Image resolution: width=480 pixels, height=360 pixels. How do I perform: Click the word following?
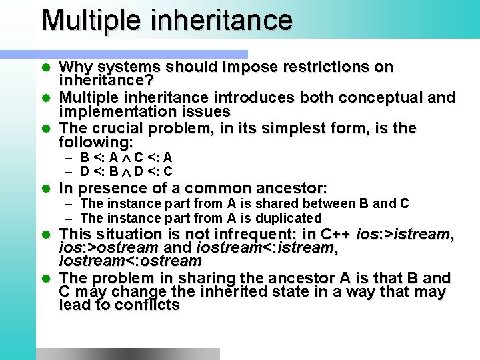96,142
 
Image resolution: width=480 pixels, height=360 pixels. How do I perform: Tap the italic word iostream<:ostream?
130,261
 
